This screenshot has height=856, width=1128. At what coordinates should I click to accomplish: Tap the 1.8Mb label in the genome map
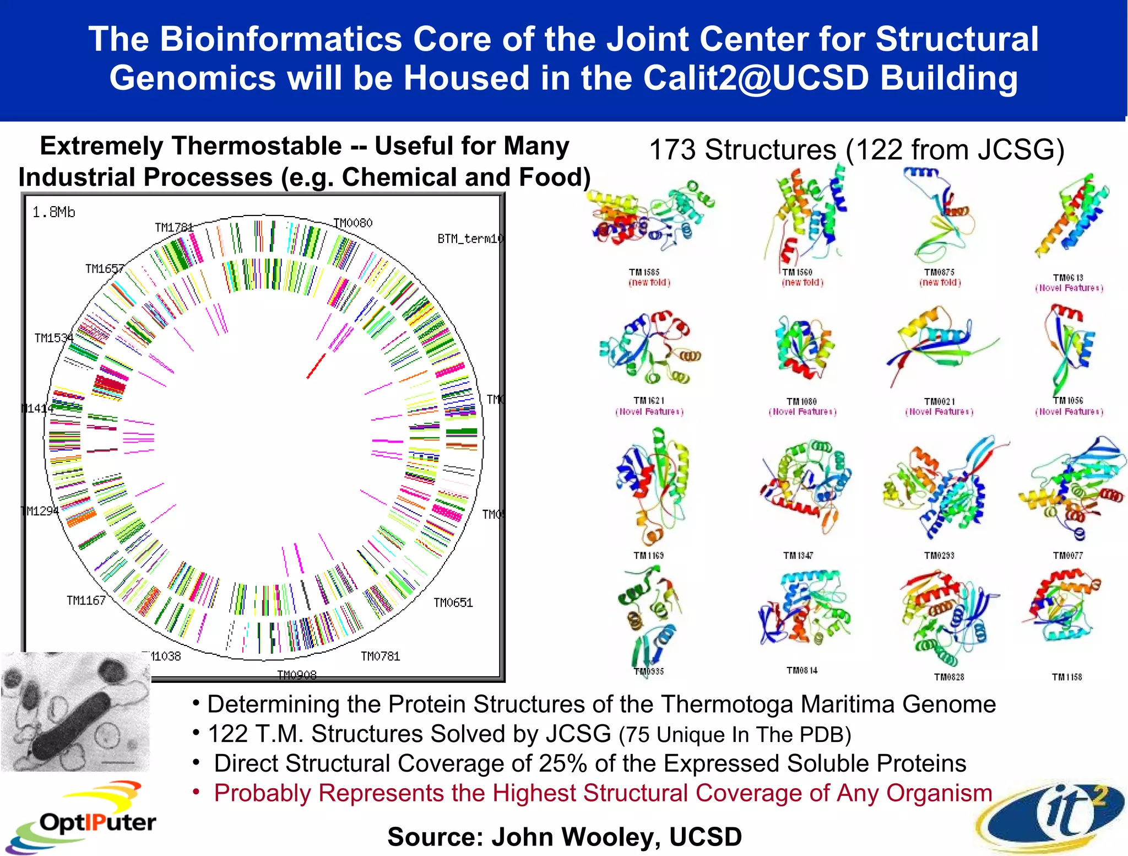click(x=53, y=212)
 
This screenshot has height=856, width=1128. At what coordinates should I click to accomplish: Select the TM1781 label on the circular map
click(x=174, y=228)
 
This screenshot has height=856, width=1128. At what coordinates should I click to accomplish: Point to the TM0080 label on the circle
click(x=353, y=223)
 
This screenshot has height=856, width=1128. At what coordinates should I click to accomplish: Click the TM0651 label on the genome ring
click(x=453, y=602)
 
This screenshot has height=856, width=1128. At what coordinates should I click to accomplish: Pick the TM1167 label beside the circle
click(x=86, y=600)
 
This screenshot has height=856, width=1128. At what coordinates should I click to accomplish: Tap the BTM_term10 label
click(x=470, y=239)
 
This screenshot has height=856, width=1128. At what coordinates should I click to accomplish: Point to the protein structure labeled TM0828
click(x=947, y=617)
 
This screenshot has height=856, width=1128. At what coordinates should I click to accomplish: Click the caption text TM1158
click(x=1067, y=677)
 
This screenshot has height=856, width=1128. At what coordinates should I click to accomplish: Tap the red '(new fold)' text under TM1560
click(x=802, y=283)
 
